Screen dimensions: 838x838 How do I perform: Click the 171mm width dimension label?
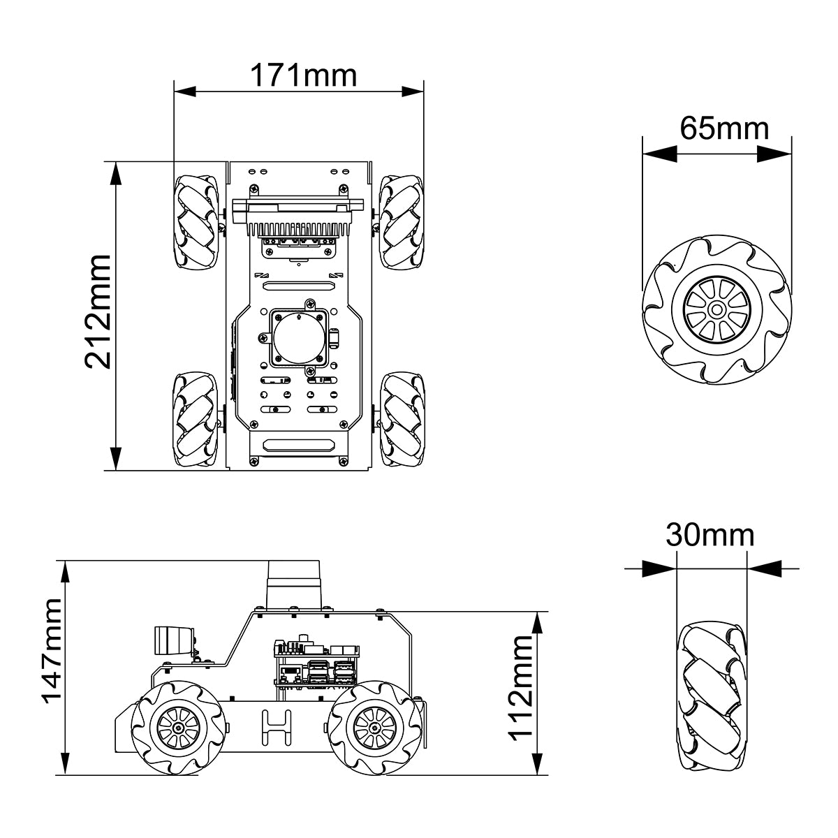click(303, 75)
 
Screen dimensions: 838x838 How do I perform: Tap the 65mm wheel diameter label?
click(724, 128)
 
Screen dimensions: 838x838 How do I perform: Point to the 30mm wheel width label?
click(710, 535)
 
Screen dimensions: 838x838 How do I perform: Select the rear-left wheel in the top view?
click(196, 420)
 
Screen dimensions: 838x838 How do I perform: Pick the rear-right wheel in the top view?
click(401, 420)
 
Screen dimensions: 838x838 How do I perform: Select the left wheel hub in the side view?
click(180, 727)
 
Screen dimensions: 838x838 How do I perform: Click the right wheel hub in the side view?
click(375, 727)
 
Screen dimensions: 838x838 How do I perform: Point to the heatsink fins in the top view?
click(297, 228)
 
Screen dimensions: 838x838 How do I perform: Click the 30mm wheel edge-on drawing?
click(712, 699)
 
